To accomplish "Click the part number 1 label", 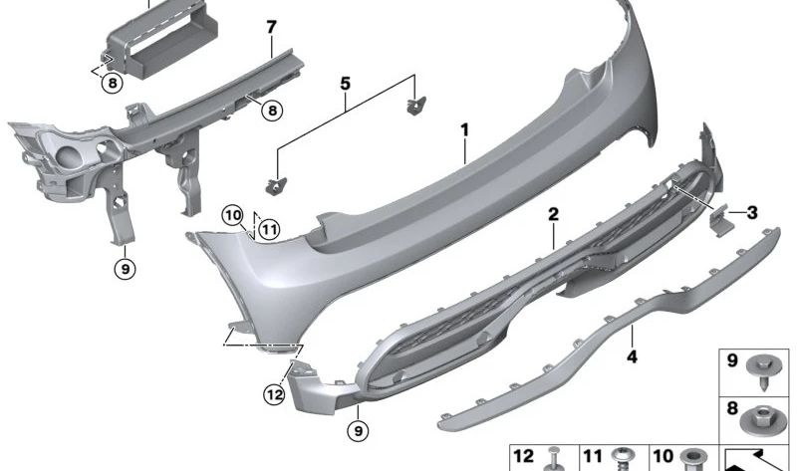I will [x=464, y=129].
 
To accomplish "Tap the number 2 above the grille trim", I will [x=553, y=214].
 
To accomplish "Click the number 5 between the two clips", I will [x=345, y=84].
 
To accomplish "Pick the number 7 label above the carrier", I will [x=270, y=25].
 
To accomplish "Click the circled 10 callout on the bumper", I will [x=232, y=214].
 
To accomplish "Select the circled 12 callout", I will [x=274, y=395].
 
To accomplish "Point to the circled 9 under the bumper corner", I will [x=357, y=430].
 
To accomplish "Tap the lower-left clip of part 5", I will [x=276, y=183].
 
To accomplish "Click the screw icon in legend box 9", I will [x=768, y=373].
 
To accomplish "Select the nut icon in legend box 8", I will [x=768, y=417].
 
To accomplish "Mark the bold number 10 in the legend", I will [x=663, y=457].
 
